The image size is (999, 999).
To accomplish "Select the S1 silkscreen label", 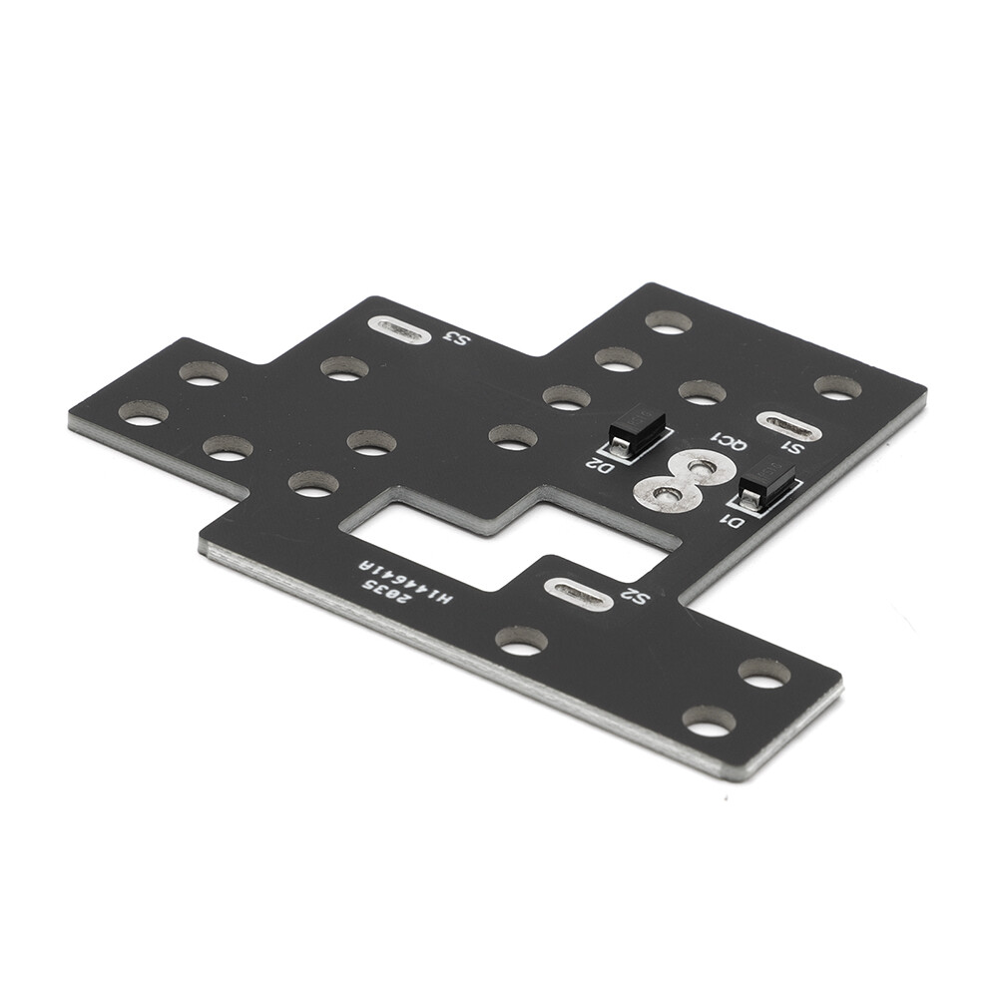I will click(794, 445).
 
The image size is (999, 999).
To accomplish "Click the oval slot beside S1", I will click(789, 424).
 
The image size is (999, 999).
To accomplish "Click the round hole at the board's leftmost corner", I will click(143, 412).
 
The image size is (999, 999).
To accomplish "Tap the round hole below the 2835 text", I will click(521, 641).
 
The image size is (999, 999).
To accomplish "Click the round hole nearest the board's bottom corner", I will click(709, 721).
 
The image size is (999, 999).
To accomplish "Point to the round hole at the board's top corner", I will click(669, 321).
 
